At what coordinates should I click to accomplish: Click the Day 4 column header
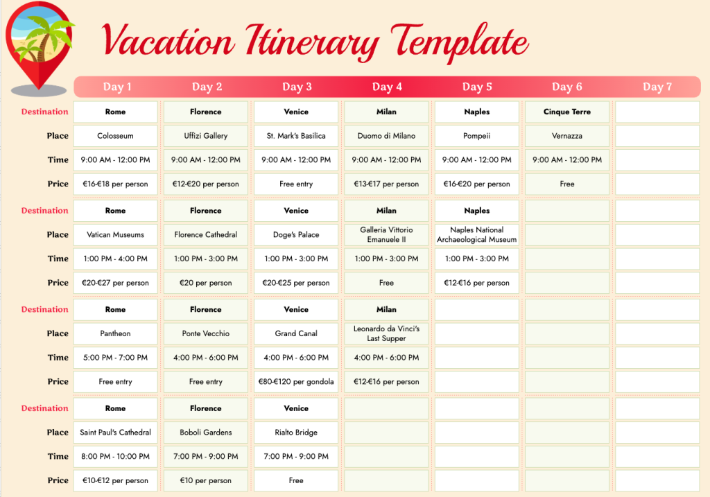[x=387, y=87]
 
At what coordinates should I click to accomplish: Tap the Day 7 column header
[x=657, y=87]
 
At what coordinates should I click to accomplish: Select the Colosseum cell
[x=116, y=136]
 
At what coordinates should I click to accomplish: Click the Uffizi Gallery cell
[x=205, y=136]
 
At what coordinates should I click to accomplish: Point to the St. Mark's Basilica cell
[x=296, y=136]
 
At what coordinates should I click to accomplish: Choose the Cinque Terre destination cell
[x=567, y=112]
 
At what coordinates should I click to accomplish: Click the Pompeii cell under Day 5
[x=477, y=136]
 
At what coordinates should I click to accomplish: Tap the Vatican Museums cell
[x=116, y=234]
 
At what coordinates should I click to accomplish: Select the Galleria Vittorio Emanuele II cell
[x=386, y=234]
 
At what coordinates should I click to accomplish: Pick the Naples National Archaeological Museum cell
[x=477, y=234]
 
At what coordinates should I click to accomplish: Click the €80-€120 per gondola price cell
[x=296, y=381]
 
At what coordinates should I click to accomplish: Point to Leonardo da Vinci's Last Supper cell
[x=386, y=333]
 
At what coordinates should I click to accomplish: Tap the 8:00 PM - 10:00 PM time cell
[x=116, y=456]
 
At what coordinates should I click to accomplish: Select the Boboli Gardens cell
[x=205, y=433]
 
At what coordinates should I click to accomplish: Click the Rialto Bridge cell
[x=296, y=433]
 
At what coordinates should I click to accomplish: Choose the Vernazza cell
[x=567, y=136]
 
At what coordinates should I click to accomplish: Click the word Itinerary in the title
[x=313, y=42]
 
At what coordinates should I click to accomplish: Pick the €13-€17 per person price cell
[x=386, y=184]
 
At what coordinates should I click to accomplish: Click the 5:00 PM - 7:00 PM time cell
[x=116, y=358]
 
